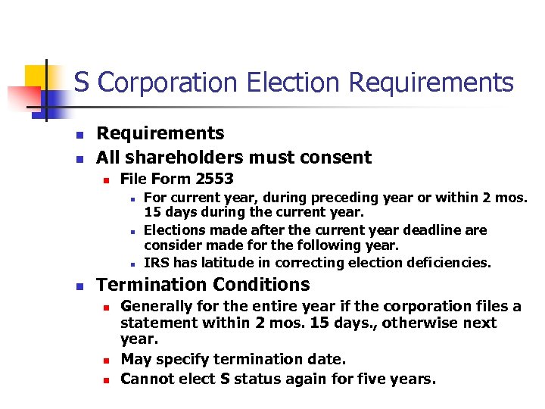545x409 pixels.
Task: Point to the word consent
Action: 338,158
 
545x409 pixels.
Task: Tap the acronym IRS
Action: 156,263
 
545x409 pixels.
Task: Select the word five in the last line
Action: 353,378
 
